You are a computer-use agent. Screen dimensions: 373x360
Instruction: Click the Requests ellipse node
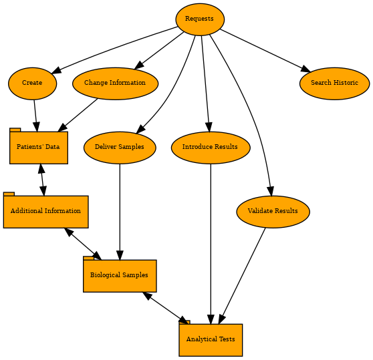click(200, 19)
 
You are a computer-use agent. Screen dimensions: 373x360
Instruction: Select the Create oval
click(32, 83)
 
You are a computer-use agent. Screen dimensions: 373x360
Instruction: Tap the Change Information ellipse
click(115, 83)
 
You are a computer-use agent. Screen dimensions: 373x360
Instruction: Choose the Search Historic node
click(334, 83)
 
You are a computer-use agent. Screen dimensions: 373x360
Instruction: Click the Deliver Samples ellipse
click(120, 148)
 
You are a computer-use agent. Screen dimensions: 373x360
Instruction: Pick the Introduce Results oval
click(211, 148)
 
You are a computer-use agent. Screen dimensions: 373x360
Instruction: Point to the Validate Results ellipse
click(273, 212)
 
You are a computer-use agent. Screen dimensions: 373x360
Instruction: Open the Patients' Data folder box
click(39, 148)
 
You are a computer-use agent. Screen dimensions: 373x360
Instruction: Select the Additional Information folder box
click(45, 212)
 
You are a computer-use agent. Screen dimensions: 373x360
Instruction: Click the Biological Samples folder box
click(120, 276)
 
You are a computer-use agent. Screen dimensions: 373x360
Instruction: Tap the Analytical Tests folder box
click(211, 340)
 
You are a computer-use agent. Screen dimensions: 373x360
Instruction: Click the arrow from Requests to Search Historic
click(265, 50)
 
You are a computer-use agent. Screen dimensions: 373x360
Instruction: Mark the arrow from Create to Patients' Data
click(35, 116)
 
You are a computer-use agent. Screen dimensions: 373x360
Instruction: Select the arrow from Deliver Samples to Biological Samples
click(120, 212)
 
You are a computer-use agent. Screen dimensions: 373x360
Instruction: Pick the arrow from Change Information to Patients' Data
click(78, 115)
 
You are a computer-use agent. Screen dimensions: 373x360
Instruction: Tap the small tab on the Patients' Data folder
click(15, 130)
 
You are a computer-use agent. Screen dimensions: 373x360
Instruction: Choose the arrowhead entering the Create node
click(56, 70)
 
